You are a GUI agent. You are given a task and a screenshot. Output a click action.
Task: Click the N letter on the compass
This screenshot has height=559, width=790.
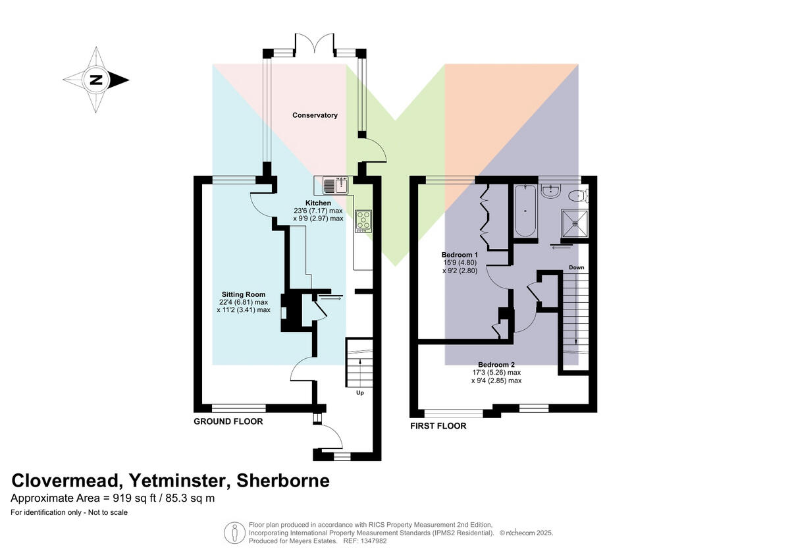coord(96,80)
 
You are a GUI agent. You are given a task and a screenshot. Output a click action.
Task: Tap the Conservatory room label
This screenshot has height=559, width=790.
coord(315,115)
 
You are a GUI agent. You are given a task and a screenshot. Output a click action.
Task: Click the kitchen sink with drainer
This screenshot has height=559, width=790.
coord(335,185)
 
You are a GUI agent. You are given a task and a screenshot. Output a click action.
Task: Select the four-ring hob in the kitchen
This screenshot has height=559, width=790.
coord(363,221)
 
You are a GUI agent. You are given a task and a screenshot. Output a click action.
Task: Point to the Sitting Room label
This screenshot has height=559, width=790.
coord(244,294)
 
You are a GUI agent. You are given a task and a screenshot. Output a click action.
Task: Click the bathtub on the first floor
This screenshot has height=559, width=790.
coord(525,211)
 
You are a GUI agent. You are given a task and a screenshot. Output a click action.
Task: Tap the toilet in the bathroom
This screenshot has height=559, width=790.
coord(579,195)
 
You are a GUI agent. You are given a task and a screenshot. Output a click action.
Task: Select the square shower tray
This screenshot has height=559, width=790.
coord(575,223)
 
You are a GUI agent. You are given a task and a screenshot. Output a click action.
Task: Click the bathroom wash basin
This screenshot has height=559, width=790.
coord(550,191)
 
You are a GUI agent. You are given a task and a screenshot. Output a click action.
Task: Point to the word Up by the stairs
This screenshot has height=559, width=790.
coord(359,392)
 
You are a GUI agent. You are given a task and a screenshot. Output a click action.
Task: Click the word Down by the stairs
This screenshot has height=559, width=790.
coord(576,267)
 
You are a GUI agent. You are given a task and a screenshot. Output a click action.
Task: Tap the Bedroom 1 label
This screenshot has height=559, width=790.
coord(460,255)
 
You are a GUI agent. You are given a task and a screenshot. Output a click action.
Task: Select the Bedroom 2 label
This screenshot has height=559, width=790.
coord(496,365)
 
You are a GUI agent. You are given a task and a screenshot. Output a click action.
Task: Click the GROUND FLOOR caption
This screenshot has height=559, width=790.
coord(228,421)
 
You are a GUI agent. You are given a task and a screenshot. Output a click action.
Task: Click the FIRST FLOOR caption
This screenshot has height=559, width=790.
coord(438,426)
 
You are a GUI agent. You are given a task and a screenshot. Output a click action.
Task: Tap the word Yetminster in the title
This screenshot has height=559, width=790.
coord(180,481)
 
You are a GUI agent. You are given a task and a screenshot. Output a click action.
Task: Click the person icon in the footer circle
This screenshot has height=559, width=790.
coord(234,533)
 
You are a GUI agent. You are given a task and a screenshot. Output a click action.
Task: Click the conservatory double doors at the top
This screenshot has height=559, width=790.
coord(314,44)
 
